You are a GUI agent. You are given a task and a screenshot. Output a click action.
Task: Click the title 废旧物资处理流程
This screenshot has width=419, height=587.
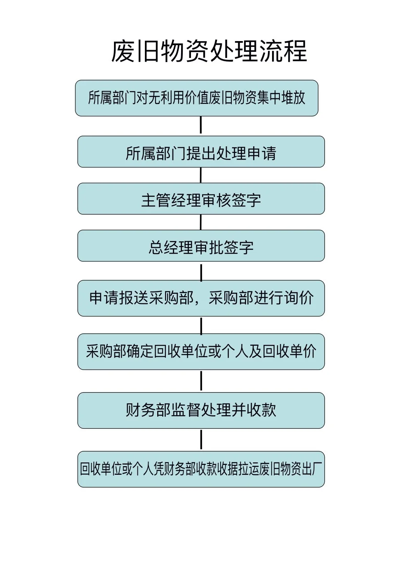tap(209, 52)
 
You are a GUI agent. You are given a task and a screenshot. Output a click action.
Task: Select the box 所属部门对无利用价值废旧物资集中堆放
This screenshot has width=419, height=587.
tap(197, 98)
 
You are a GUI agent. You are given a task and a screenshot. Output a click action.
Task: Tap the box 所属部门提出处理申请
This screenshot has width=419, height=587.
tap(201, 152)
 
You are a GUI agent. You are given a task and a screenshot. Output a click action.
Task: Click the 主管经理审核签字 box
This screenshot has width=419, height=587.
tap(201, 199)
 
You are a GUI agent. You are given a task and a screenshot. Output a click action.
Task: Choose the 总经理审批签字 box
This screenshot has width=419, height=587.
tap(201, 246)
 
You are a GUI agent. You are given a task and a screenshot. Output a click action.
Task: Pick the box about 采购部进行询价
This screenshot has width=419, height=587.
tap(201, 298)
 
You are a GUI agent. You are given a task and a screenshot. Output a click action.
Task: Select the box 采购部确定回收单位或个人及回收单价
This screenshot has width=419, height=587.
tap(201, 351)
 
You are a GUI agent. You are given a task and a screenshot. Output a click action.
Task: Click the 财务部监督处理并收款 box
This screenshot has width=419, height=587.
tap(201, 410)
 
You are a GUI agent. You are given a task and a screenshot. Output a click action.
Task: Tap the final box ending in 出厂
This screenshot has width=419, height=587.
tap(201, 469)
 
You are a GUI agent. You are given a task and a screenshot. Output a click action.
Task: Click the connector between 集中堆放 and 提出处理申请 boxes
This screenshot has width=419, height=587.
tap(201, 125)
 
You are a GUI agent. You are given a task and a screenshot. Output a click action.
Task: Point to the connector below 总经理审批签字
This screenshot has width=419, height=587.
tap(201, 272)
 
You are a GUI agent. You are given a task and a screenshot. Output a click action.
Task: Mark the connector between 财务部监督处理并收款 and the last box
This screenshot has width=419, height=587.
tap(201, 439)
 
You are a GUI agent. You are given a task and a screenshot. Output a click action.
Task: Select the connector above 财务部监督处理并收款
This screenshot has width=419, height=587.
tap(201, 380)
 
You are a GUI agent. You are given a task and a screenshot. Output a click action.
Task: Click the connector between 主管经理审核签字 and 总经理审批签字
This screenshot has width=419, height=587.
tap(201, 222)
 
